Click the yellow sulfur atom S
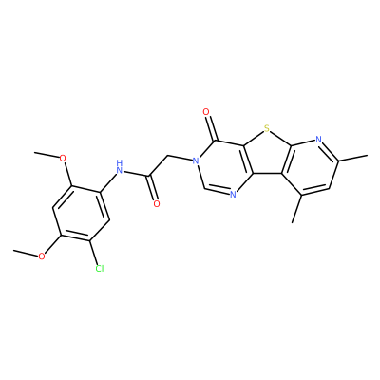(x=266, y=128)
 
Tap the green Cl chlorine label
(x=100, y=269)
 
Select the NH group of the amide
(x=119, y=167)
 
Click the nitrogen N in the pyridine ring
(x=318, y=139)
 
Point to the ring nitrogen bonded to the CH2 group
(x=197, y=161)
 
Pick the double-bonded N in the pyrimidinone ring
(x=233, y=194)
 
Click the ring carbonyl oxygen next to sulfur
(x=206, y=112)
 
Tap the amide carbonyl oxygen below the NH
(x=156, y=203)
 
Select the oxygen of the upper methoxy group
(x=63, y=158)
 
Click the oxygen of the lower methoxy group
(x=42, y=256)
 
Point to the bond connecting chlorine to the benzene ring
(x=94, y=254)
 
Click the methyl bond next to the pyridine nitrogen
(x=352, y=159)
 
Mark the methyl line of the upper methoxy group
(x=47, y=154)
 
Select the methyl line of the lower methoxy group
(x=26, y=252)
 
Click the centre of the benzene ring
(x=81, y=215)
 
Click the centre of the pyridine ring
(x=312, y=167)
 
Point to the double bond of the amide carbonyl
(x=152, y=188)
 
